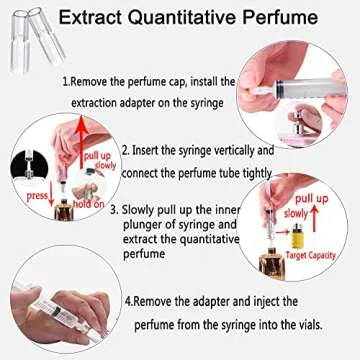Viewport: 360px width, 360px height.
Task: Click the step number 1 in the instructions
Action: (65, 82)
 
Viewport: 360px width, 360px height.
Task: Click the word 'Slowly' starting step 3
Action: (169, 210)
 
